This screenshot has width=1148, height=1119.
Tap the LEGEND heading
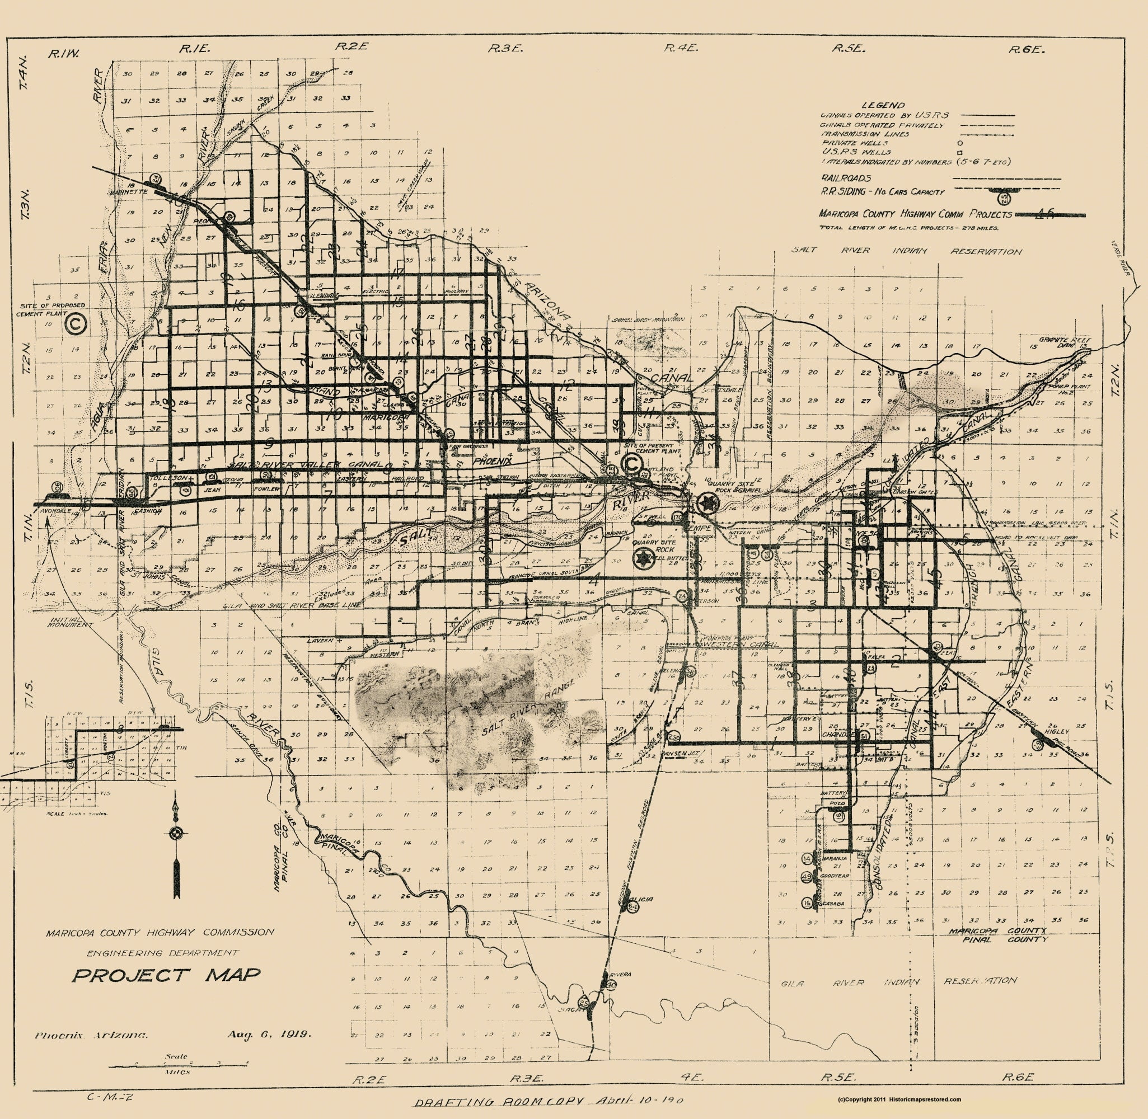point(882,105)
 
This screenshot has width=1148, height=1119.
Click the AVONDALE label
point(55,511)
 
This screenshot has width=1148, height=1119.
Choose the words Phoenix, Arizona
point(91,1035)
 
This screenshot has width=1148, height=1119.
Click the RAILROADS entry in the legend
point(846,178)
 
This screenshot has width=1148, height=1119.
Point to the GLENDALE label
point(325,295)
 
